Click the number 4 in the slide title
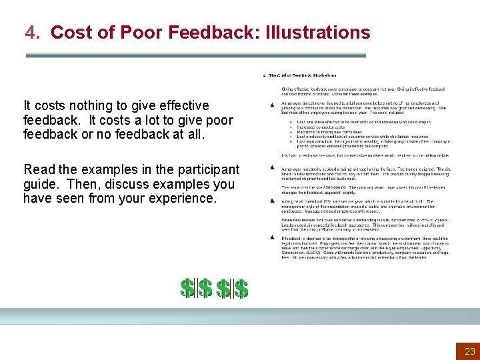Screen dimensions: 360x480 pyautogui.click(x=30, y=32)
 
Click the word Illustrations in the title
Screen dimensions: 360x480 pyautogui.click(x=317, y=32)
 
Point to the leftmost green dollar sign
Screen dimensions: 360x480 pyautogui.click(x=188, y=288)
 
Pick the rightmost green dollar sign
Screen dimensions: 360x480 pyautogui.click(x=241, y=288)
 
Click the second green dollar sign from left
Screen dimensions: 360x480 pyautogui.click(x=205, y=288)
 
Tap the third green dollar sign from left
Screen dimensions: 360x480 pyautogui.click(x=224, y=288)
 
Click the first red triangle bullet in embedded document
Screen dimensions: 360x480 pyautogui.click(x=273, y=105)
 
